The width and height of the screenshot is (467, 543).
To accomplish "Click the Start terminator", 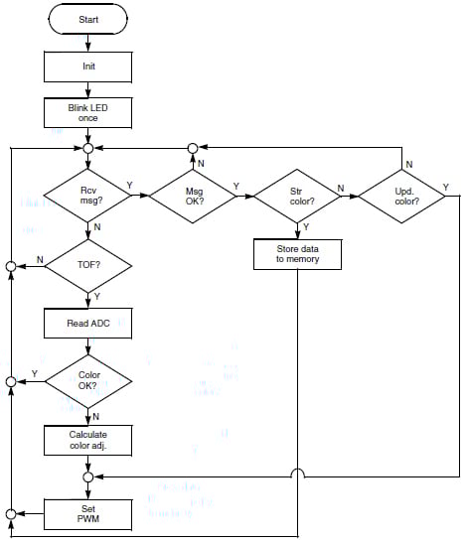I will [x=88, y=19].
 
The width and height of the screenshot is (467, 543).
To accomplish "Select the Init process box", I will [x=88, y=67].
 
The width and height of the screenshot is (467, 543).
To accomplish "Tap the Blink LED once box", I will [x=88, y=113].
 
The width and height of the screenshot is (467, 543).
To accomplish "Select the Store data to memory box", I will [x=299, y=255].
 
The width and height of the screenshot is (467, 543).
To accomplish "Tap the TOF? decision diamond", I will [x=88, y=267].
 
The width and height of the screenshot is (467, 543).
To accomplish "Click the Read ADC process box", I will [x=88, y=323].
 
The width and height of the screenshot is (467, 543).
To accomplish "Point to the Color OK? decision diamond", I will [x=88, y=380].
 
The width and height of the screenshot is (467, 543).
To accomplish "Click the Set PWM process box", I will [x=88, y=513].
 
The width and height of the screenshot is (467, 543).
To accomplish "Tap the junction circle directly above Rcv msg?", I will [x=88, y=149].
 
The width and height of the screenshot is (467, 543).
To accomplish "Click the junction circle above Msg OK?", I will [x=195, y=149].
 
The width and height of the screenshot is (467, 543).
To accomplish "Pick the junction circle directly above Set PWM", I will [x=88, y=476].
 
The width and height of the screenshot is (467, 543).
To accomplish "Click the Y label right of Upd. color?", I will [x=445, y=187].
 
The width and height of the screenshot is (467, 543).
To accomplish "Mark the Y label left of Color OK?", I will [x=35, y=373].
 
